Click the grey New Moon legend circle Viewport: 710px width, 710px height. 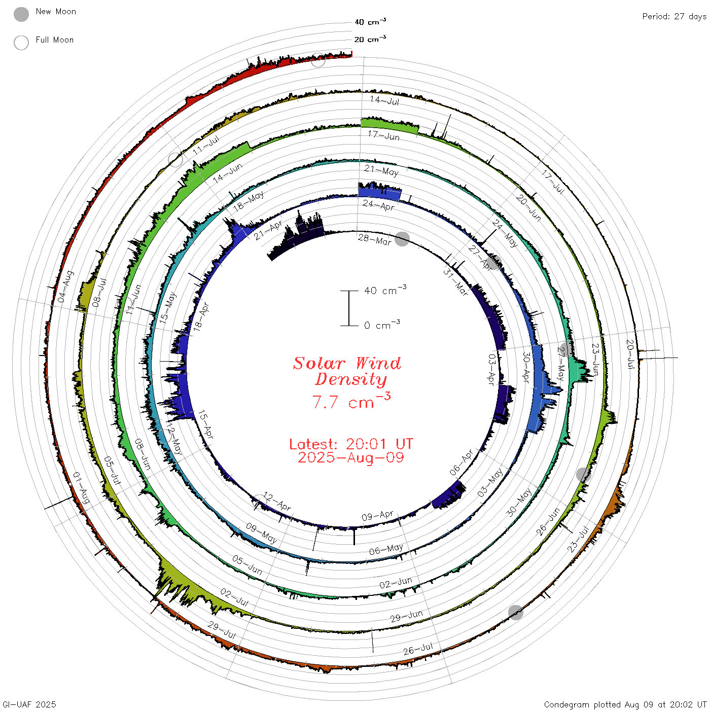point(21,14)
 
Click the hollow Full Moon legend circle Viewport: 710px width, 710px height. point(21,43)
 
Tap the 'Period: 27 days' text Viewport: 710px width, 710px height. point(674,17)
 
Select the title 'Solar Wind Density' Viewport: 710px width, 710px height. point(347,371)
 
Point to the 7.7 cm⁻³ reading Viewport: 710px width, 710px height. point(351,401)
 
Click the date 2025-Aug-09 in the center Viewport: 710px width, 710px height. point(351,457)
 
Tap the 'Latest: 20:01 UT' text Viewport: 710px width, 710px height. point(351,444)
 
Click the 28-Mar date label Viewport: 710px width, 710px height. point(374,239)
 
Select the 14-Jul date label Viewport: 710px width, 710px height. point(384,100)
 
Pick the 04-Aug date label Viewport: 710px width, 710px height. point(65,287)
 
